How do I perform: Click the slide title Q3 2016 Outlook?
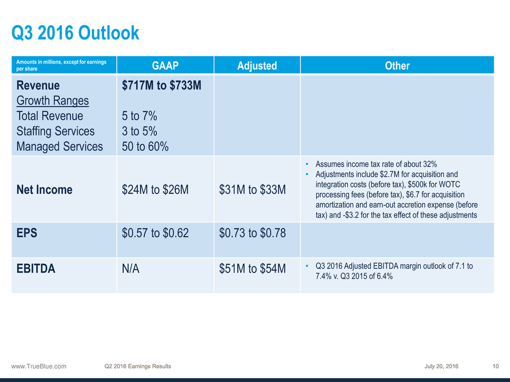(x=75, y=34)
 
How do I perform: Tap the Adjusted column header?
(x=257, y=66)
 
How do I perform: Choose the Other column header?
(x=397, y=66)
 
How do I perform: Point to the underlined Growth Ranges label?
(x=53, y=101)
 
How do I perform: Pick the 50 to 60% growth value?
(x=146, y=146)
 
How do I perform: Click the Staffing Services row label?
(x=55, y=131)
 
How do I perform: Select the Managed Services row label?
(x=60, y=146)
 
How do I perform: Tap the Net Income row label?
(x=44, y=190)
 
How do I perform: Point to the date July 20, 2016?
(x=442, y=366)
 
